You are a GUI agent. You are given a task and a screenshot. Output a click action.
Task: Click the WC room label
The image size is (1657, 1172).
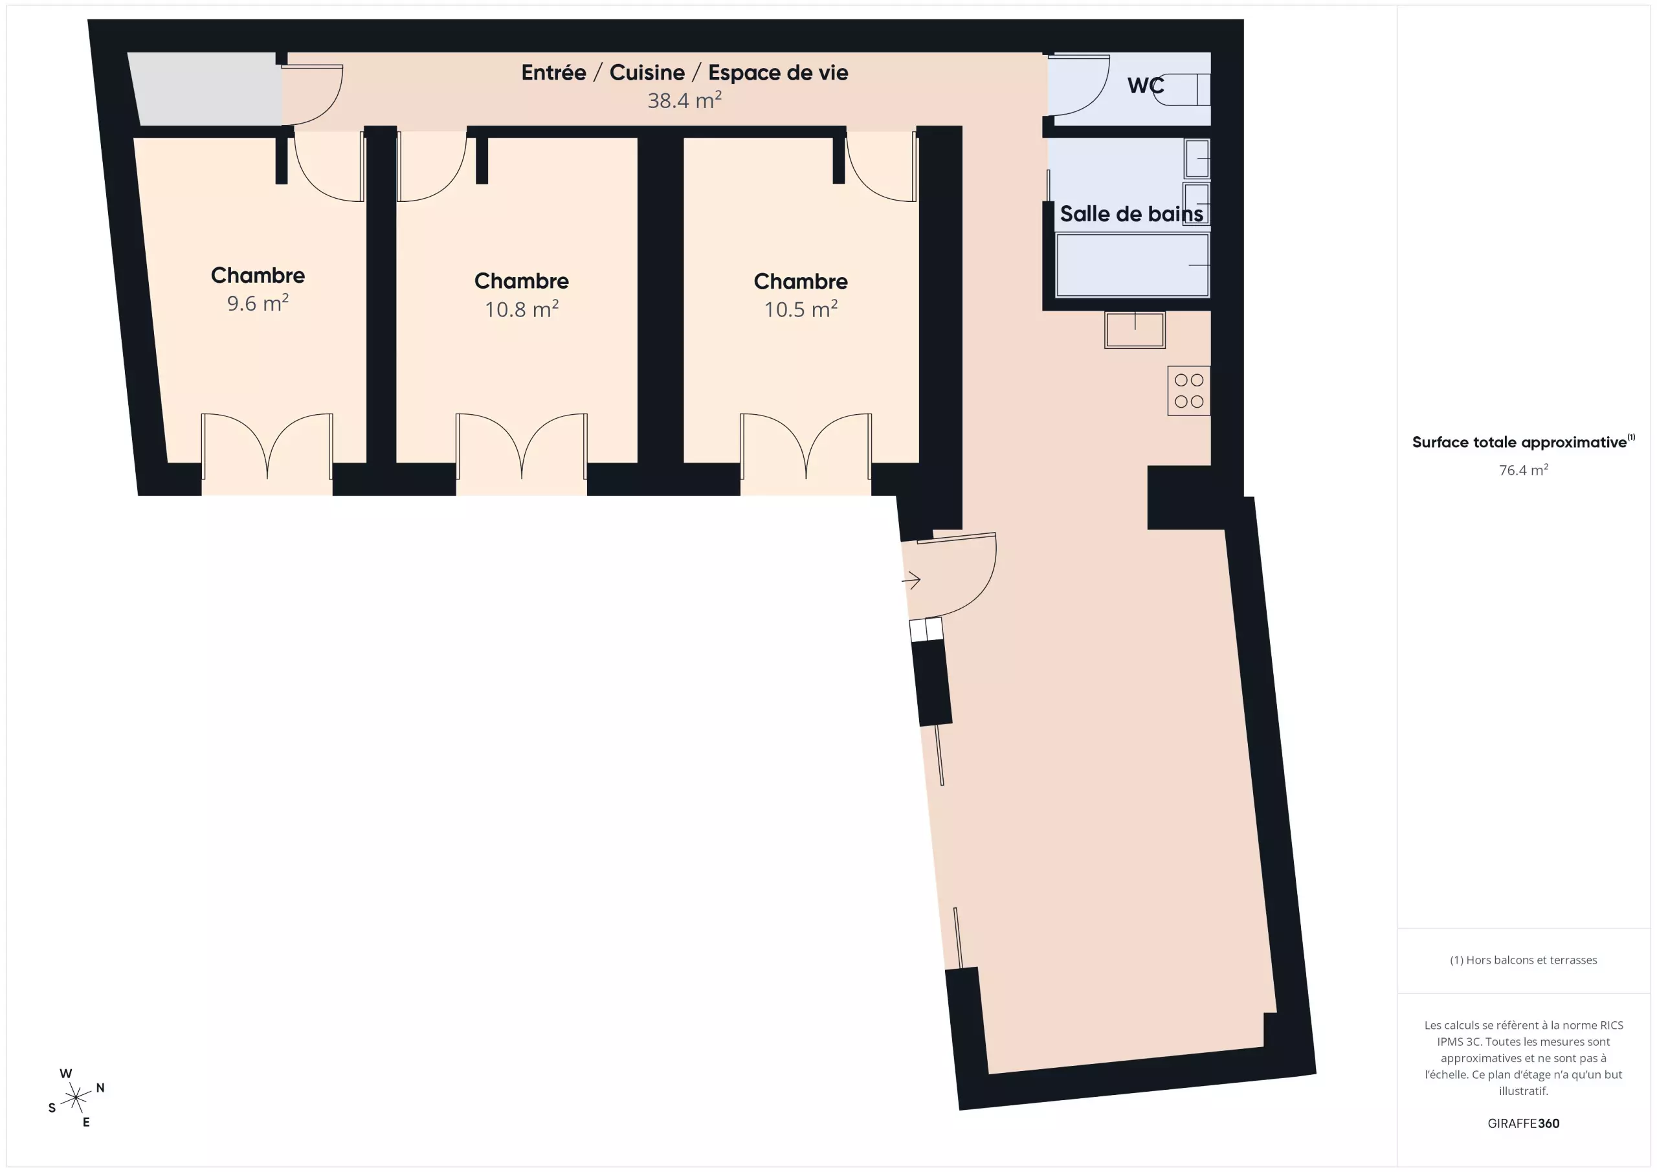pos(1145,85)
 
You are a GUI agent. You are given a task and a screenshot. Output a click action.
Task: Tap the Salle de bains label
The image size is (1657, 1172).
pos(1131,214)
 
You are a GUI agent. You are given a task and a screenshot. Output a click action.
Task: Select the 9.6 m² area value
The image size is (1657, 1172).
pos(258,302)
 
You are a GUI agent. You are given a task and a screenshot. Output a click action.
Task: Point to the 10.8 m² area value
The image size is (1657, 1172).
pos(521,308)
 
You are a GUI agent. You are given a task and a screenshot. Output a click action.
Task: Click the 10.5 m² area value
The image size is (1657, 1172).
pos(801,308)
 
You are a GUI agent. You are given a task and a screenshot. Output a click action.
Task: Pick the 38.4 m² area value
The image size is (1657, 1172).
pos(684,100)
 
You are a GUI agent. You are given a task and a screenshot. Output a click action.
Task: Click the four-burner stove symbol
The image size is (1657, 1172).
pos(1188,390)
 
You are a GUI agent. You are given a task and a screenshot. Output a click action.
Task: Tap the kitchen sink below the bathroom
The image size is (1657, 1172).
pos(1135,330)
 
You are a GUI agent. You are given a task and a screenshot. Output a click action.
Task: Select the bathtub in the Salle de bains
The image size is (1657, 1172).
pos(1132,265)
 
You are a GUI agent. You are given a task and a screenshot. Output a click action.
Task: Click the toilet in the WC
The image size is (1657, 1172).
pos(1181,89)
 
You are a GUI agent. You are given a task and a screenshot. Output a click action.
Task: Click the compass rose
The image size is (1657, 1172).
pos(76,1098)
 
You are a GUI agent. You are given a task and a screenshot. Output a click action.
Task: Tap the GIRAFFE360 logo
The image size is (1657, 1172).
pos(1523,1123)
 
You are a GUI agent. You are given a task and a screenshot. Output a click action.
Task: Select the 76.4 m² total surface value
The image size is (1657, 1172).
pos(1523,470)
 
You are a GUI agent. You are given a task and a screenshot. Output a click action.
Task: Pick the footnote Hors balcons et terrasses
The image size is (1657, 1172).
pos(1523,960)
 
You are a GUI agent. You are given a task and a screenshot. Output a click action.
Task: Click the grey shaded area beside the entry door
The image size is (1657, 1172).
pos(206,89)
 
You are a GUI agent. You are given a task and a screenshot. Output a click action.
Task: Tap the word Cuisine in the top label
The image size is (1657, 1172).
pos(647,72)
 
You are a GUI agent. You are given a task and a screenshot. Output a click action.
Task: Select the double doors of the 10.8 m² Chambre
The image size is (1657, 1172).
pos(521,447)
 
